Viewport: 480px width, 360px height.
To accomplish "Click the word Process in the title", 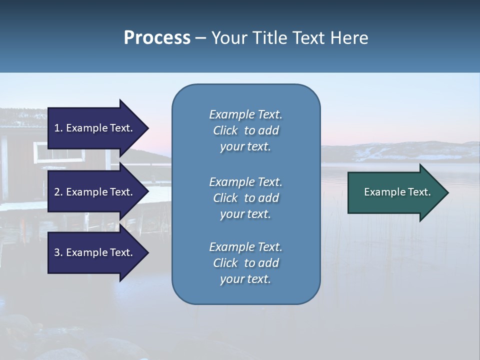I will pos(157,38).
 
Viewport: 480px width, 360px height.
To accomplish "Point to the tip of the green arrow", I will pos(447,192).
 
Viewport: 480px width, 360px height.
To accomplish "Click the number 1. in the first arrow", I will pos(58,128).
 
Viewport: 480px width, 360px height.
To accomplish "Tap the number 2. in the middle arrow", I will pos(58,192).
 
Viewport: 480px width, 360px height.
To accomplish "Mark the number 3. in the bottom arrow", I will pos(58,252).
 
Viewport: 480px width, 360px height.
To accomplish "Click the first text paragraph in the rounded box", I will pos(245,130).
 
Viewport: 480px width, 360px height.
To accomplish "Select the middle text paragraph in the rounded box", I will pos(245,197).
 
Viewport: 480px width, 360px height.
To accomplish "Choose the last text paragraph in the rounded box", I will pos(245,263).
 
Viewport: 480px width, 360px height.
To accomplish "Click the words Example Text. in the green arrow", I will pos(397,192).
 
